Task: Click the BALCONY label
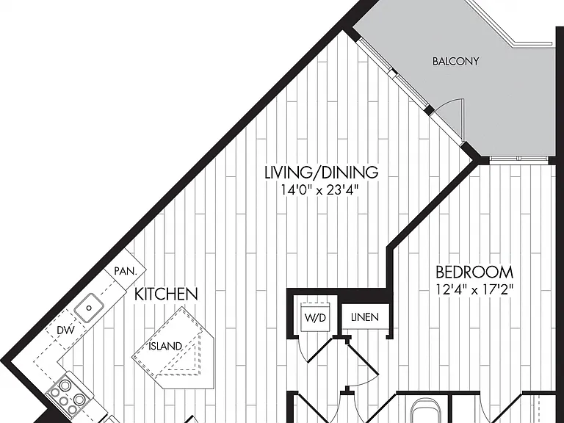(455, 61)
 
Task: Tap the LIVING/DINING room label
(321, 173)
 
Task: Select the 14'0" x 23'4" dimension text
(320, 189)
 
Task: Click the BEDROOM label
(474, 272)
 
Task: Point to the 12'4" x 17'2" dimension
(474, 289)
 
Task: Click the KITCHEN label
(166, 294)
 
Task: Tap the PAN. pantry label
(126, 271)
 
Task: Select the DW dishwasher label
(66, 330)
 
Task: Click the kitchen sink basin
(89, 308)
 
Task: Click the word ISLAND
(165, 346)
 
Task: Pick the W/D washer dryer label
(315, 317)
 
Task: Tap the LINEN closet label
(365, 317)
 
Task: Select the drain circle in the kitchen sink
(89, 308)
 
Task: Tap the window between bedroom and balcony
(518, 159)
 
